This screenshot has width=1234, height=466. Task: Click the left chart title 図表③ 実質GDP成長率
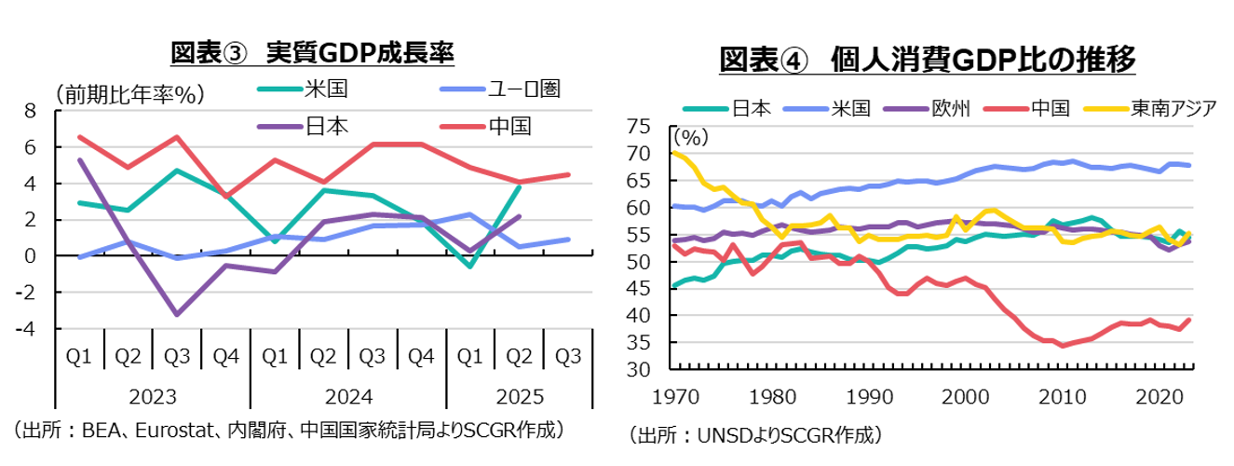312,53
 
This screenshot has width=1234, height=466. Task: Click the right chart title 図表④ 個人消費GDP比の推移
928,60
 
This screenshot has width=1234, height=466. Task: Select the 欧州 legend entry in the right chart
951,107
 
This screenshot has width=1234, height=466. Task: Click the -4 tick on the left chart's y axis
27,329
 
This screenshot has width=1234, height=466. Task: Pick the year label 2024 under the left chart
348,396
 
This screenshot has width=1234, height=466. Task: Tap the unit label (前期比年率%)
130,94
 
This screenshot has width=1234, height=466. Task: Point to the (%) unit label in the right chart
691,137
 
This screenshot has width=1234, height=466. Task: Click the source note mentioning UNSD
755,433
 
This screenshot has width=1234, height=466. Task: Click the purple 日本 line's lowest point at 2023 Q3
177,314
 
